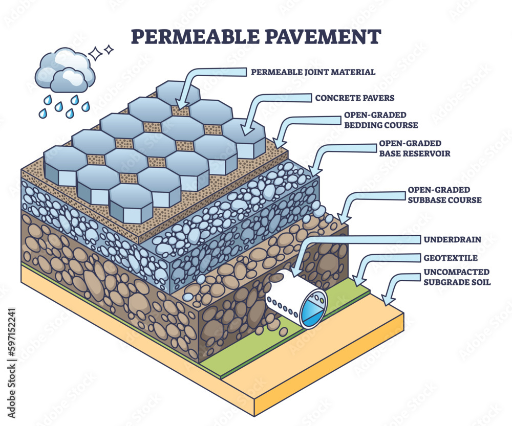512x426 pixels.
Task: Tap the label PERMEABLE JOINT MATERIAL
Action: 313,72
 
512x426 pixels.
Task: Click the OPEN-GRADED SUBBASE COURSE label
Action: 444,195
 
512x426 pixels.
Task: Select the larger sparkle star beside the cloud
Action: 96,53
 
